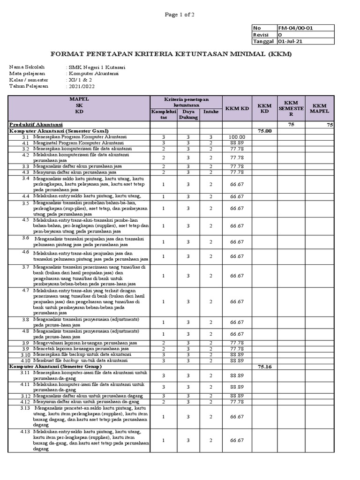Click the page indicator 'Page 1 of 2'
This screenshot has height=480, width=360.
click(180, 15)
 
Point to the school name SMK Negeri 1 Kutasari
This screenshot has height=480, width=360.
click(97, 67)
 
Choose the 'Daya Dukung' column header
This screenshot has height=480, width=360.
click(188, 115)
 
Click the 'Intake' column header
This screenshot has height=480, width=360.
click(211, 112)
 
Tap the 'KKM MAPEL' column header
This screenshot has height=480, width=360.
click(321, 109)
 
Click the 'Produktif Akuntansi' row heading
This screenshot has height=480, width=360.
click(36, 124)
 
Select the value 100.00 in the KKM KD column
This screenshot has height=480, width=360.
click(237, 137)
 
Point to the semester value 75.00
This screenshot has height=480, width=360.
click(265, 131)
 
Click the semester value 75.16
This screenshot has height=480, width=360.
click(265, 367)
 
